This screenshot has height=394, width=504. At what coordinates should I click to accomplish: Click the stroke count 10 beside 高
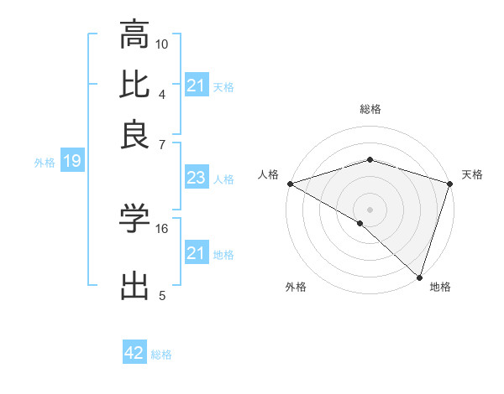pyautogui.click(x=162, y=44)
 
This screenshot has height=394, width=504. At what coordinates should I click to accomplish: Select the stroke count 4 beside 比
pyautogui.click(x=161, y=94)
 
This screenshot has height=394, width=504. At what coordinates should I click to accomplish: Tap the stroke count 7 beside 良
pyautogui.click(x=161, y=144)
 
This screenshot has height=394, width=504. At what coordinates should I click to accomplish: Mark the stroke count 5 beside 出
pyautogui.click(x=161, y=295)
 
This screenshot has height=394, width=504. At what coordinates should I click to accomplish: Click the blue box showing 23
pyautogui.click(x=196, y=178)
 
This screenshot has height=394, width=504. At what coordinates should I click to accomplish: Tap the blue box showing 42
pyautogui.click(x=134, y=353)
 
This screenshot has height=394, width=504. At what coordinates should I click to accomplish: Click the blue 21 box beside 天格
pyautogui.click(x=196, y=86)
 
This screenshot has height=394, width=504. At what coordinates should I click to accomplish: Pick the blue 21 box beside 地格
pyautogui.click(x=196, y=253)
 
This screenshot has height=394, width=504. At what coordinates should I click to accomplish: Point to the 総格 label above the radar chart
pyautogui.click(x=370, y=109)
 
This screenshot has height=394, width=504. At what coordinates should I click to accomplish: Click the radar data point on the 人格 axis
pyautogui.click(x=290, y=183)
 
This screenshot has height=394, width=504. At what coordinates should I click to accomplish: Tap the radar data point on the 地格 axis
pyautogui.click(x=419, y=277)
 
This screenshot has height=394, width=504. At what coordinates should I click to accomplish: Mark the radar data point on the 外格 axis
pyautogui.click(x=360, y=223)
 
